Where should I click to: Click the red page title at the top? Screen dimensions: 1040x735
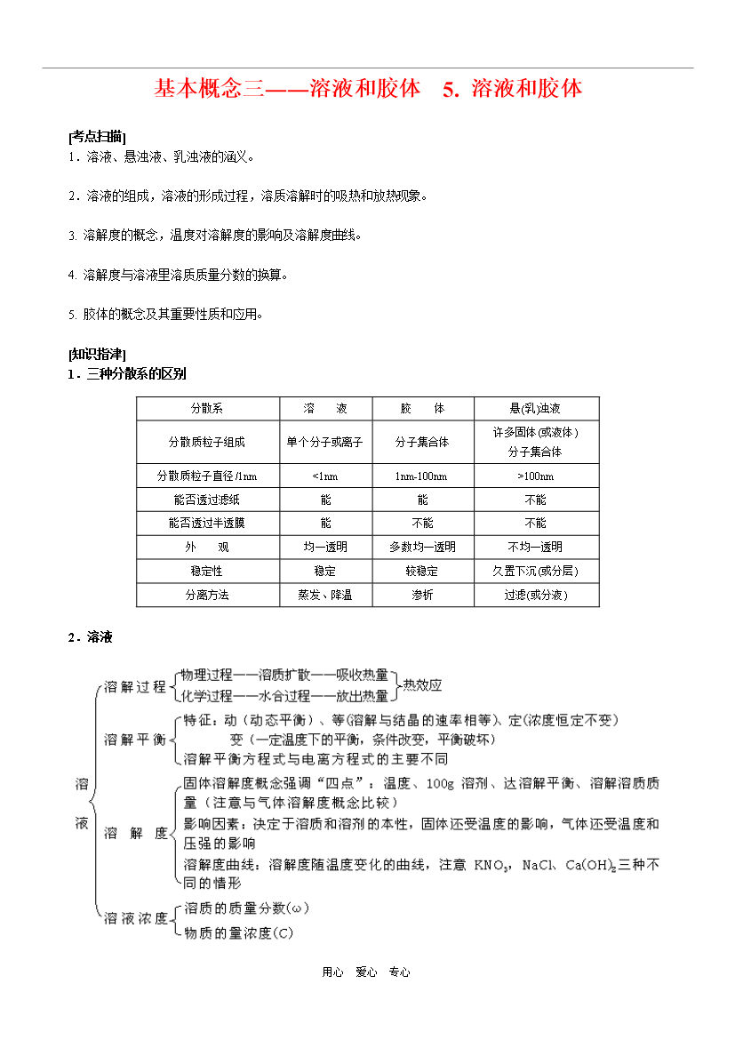[x=368, y=89]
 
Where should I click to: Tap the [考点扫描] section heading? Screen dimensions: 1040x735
[x=97, y=137]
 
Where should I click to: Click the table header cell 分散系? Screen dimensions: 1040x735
[x=207, y=409]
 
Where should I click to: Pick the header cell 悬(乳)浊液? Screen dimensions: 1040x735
[x=535, y=409]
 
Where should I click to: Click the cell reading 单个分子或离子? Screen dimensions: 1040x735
[x=324, y=442]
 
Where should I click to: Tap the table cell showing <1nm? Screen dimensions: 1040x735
[x=324, y=476]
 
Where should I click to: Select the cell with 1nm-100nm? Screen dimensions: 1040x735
[x=421, y=476]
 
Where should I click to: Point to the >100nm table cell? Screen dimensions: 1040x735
[x=535, y=476]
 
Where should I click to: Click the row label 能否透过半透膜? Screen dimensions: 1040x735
[x=207, y=523]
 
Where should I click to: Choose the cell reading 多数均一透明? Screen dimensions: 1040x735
[x=421, y=547]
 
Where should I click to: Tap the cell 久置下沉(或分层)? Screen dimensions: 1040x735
[x=535, y=571]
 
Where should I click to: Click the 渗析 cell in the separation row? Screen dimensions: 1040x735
[x=421, y=595]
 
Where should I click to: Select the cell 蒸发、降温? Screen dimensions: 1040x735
[x=324, y=595]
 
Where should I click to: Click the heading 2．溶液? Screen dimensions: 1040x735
[x=90, y=637]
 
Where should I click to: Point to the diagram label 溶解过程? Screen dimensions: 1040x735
[x=135, y=686]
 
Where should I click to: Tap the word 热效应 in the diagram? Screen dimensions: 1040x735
[x=422, y=685]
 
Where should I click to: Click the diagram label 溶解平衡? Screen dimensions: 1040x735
[x=135, y=739]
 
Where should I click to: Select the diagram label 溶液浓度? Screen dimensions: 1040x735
[x=135, y=918]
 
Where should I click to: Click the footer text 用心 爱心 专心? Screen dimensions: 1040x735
[x=367, y=972]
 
